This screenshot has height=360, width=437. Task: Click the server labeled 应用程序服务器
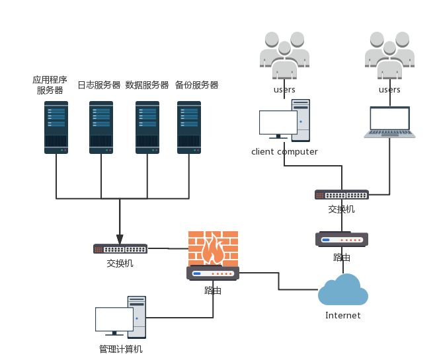[x=56, y=127]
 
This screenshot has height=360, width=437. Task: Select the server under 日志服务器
[x=101, y=127]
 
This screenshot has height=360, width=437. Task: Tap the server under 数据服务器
[x=147, y=127]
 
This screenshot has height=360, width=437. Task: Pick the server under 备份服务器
[x=189, y=127]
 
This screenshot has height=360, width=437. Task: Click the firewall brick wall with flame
[x=213, y=248]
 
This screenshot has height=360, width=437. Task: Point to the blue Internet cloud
[x=343, y=291]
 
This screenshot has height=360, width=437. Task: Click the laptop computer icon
[x=389, y=122]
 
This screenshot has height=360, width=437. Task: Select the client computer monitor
[x=278, y=124]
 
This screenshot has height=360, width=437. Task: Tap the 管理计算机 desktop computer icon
[x=120, y=316]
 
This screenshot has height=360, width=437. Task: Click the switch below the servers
[x=120, y=249]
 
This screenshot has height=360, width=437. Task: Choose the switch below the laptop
[x=341, y=195]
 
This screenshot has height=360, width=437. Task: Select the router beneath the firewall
[x=213, y=273]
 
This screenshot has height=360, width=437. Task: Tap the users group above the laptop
[x=389, y=55]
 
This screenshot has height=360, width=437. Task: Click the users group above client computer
[x=284, y=55]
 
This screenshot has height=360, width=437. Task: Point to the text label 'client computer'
[x=284, y=152]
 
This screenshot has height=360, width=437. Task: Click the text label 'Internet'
[x=343, y=316]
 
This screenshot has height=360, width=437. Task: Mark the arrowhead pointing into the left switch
[x=120, y=238]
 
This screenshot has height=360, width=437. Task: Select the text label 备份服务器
[x=196, y=85]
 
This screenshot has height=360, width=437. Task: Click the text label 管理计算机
[x=120, y=349]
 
